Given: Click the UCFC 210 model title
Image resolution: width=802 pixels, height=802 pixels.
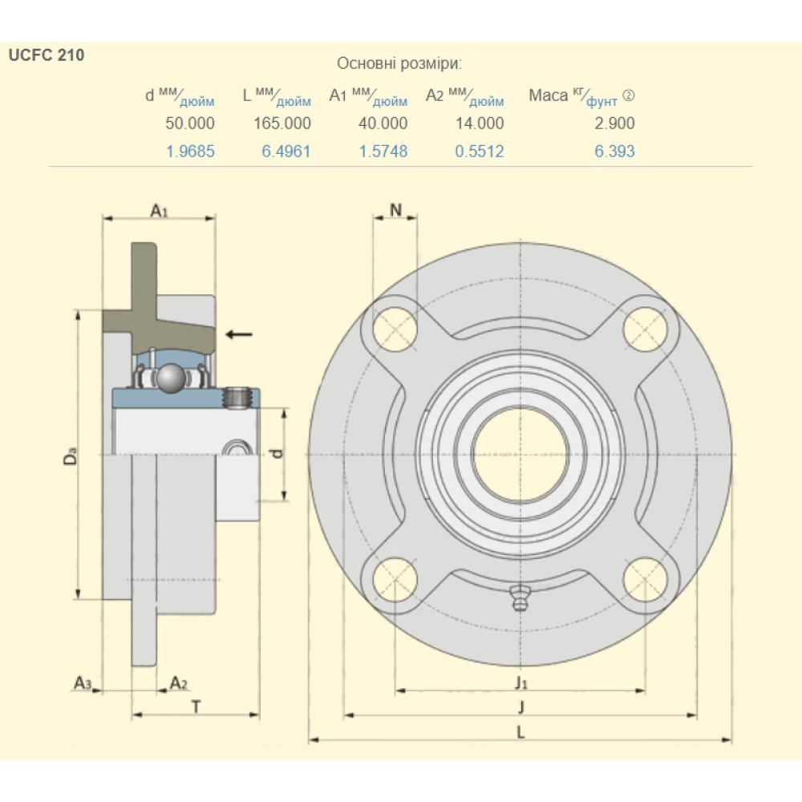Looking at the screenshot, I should click(x=47, y=56).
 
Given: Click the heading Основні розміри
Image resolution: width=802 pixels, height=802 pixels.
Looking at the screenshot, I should click(x=399, y=64).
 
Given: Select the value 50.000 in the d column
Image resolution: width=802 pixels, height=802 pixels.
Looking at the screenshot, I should click(x=190, y=124).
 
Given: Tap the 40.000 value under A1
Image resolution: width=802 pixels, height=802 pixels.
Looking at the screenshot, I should click(x=383, y=124).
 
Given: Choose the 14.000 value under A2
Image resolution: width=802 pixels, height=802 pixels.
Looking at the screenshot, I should click(x=480, y=124).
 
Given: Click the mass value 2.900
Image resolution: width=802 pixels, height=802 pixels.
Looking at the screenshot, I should click(x=614, y=124).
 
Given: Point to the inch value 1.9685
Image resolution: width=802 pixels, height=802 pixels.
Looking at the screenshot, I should click(x=190, y=151).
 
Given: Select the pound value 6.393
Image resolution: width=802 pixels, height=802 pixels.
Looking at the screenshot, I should click(x=614, y=151).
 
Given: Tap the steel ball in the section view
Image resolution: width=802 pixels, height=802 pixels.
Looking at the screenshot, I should click(x=171, y=379).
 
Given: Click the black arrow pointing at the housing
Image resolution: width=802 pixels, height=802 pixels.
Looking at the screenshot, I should click(x=238, y=334).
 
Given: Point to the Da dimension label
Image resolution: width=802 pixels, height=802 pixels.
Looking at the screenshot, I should click(x=71, y=458).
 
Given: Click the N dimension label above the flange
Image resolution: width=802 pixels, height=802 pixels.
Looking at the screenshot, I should click(x=395, y=210).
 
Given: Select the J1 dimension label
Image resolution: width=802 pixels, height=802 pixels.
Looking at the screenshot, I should click(x=521, y=683).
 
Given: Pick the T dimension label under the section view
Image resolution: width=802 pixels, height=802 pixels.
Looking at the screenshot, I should click(x=196, y=706).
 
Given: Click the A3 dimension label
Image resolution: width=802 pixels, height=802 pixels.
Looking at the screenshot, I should click(x=83, y=683).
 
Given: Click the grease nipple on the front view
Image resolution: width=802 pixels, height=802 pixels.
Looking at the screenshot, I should click(x=520, y=597).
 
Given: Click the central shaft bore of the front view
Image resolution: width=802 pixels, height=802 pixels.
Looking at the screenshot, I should click(x=520, y=454).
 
